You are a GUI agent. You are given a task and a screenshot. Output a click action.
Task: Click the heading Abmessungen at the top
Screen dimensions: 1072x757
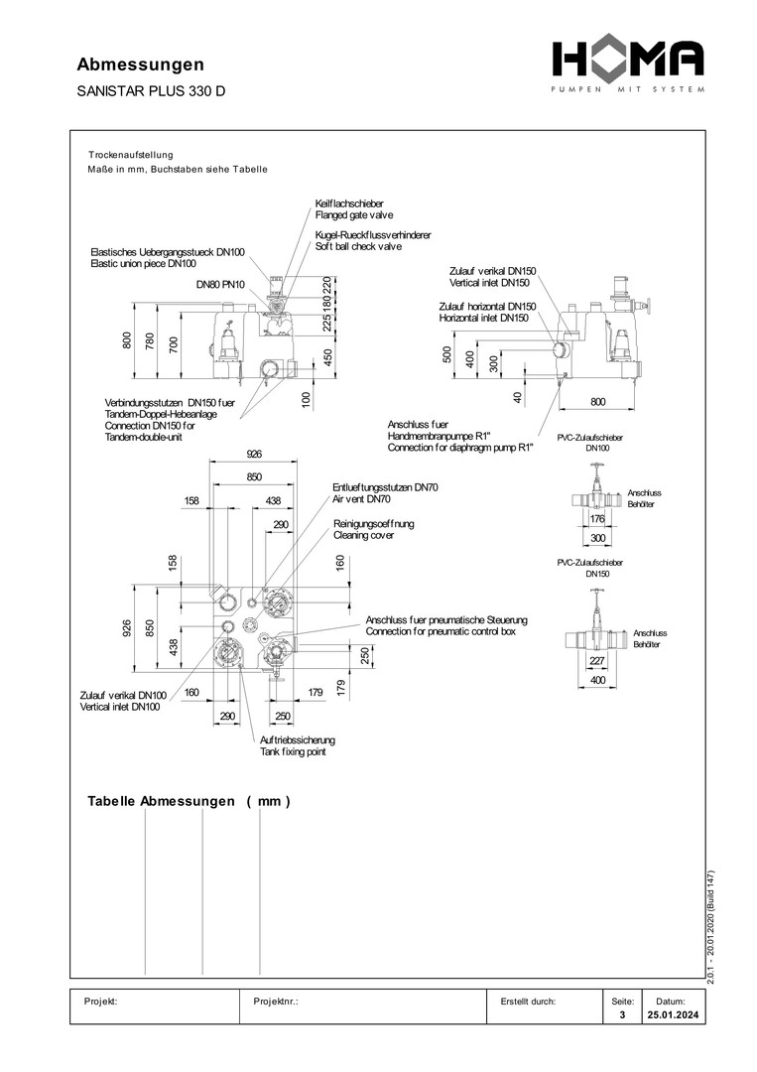pyautogui.click(x=141, y=65)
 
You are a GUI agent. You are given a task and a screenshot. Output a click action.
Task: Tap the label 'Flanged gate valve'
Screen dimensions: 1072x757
pyautogui.click(x=354, y=214)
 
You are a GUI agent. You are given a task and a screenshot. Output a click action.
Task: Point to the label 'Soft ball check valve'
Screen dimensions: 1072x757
pyautogui.click(x=358, y=246)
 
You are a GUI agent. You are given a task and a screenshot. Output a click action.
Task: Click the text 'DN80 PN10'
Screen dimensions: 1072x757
pyautogui.click(x=220, y=285)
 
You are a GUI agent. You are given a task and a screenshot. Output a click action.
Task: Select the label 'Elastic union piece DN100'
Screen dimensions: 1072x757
pyautogui.click(x=143, y=264)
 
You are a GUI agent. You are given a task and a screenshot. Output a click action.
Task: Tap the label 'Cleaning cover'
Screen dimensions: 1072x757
pyautogui.click(x=363, y=535)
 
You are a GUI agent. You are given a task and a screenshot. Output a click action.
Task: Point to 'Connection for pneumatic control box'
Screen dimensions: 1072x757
pyautogui.click(x=441, y=632)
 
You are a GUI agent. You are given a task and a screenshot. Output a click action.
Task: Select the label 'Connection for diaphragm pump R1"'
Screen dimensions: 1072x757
pyautogui.click(x=460, y=449)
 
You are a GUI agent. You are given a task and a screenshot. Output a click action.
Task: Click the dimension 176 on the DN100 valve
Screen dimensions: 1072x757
pyautogui.click(x=597, y=518)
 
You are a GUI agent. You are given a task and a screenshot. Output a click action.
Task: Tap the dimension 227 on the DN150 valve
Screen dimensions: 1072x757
pyautogui.click(x=597, y=662)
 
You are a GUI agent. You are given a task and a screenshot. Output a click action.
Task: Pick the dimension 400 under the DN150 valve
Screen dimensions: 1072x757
pyautogui.click(x=597, y=681)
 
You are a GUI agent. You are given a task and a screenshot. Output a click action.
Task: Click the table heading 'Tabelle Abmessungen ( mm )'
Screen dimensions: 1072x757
pyautogui.click(x=189, y=801)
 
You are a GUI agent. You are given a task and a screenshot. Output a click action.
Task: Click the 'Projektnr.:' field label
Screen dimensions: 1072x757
pyautogui.click(x=277, y=1002)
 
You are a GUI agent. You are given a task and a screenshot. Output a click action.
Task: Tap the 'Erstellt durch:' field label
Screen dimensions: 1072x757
pyautogui.click(x=528, y=1002)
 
